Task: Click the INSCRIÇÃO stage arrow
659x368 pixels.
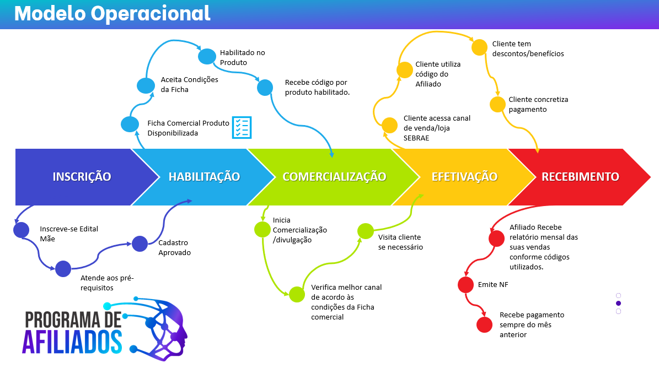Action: click(x=82, y=177)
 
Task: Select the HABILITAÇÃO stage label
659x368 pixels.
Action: click(x=204, y=177)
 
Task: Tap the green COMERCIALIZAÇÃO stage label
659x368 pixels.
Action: click(x=334, y=177)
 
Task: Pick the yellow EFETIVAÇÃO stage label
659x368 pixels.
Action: click(x=464, y=177)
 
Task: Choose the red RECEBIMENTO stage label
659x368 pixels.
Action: click(x=580, y=177)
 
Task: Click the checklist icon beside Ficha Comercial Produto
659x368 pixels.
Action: click(x=242, y=127)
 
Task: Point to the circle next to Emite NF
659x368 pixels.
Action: click(x=466, y=285)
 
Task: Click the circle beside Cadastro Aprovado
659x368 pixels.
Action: click(x=140, y=243)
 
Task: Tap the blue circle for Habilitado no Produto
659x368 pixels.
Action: click(x=207, y=56)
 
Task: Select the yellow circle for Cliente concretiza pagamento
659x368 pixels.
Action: click(x=498, y=104)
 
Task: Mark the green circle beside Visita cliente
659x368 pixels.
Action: click(x=365, y=231)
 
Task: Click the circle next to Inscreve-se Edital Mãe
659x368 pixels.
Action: click(x=21, y=230)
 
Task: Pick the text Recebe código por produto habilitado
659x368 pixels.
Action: click(x=317, y=88)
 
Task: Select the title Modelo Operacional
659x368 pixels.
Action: click(x=112, y=13)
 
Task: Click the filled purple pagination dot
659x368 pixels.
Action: click(x=618, y=303)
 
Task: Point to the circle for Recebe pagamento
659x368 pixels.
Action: click(x=484, y=325)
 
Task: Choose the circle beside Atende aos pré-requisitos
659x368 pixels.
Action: click(x=63, y=268)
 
